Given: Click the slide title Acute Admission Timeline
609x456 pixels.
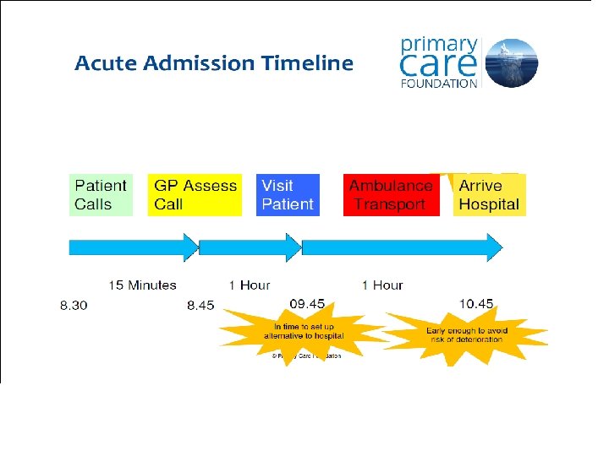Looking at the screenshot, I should coord(214,63).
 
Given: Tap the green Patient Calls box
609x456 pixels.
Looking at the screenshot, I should coord(101,195).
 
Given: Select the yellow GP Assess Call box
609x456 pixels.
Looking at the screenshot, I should coord(195,195).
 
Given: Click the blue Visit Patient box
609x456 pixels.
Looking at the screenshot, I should coord(288,195).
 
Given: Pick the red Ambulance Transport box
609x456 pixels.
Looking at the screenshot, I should coord(392,195).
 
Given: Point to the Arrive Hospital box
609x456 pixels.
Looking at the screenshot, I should coord(489,195).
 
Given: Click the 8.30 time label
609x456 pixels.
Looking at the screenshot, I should coord(74,305).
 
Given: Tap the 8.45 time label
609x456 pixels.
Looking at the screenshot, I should coord(200,305).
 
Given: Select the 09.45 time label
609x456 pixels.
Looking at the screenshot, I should coord(307,302).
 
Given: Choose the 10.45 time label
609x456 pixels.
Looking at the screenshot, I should coord(476,302).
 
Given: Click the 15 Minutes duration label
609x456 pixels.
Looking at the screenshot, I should coord(142,285).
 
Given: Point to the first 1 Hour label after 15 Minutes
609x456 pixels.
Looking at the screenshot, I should coord(250,285).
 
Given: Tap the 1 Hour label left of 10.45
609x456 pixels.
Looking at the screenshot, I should coord(382,285).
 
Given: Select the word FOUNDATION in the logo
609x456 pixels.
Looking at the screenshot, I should coord(439,83).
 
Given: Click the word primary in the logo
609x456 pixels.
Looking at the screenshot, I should coord(439,44).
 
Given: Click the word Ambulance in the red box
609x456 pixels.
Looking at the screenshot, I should coord(391,186).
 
